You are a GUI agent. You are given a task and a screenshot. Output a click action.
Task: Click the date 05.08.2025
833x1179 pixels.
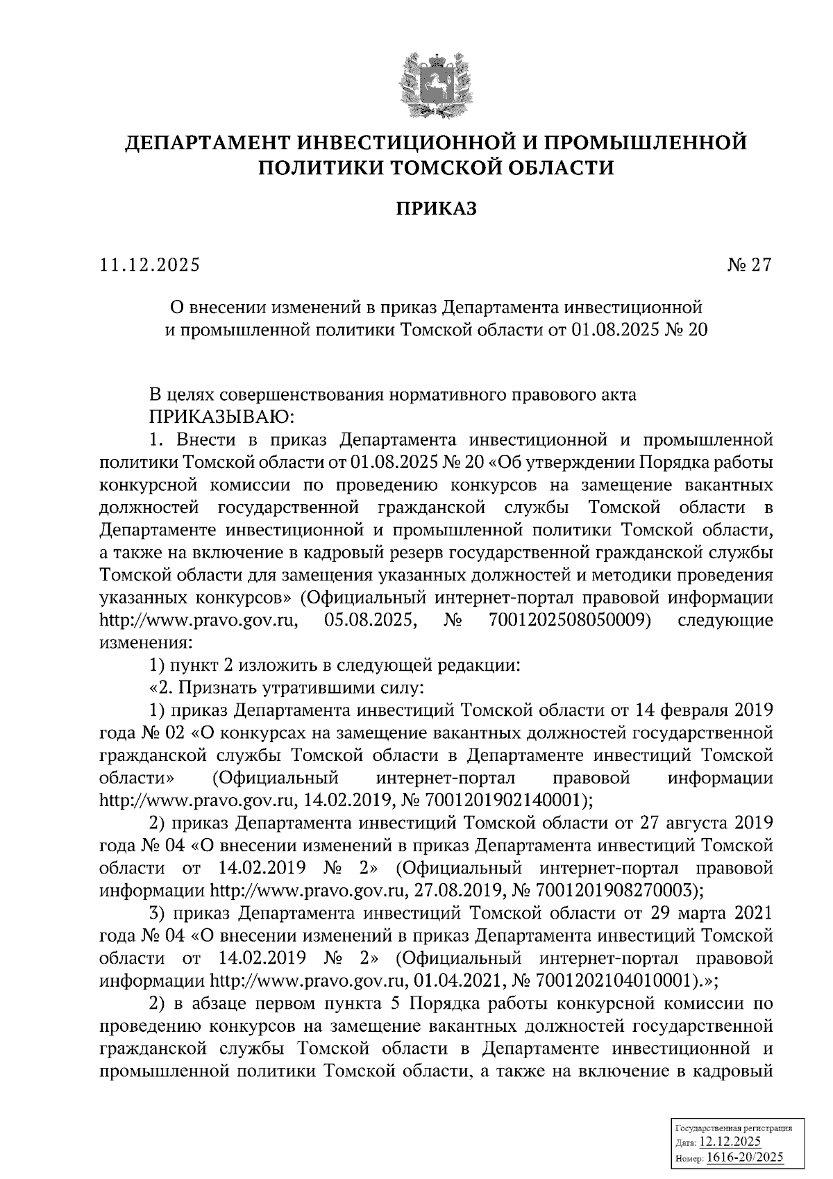point(370,620)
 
